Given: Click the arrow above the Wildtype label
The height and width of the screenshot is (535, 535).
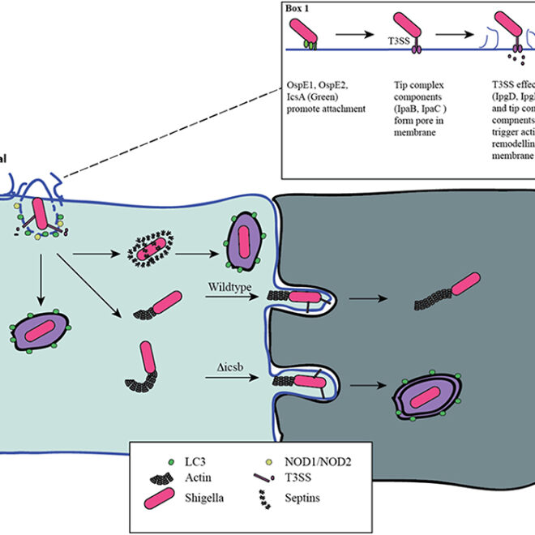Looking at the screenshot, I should point(229,297).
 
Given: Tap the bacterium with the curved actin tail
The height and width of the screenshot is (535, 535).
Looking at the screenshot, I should point(147,362).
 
